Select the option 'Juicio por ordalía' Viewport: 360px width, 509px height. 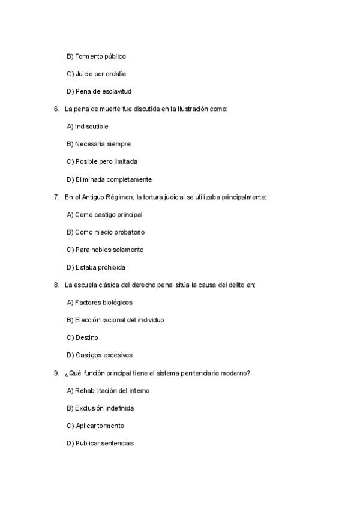pyautogui.click(x=96, y=74)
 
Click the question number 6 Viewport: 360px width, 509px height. pyautogui.click(x=56, y=109)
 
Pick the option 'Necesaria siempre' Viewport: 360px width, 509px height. pyautogui.click(x=98, y=144)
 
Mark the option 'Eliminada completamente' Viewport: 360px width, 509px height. pyautogui.click(x=109, y=179)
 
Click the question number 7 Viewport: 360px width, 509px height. pyautogui.click(x=56, y=197)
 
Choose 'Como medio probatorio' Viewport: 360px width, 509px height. pyautogui.click(x=106, y=232)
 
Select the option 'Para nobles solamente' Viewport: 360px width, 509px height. pyautogui.click(x=105, y=250)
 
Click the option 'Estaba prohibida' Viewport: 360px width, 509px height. pyautogui.click(x=96, y=267)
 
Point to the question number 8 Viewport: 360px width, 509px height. pyautogui.click(x=56, y=285)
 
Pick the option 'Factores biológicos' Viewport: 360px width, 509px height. pyautogui.click(x=100, y=303)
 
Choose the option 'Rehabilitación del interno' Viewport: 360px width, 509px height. pyautogui.click(x=108, y=391)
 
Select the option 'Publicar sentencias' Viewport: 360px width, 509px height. pyautogui.click(x=100, y=444)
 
